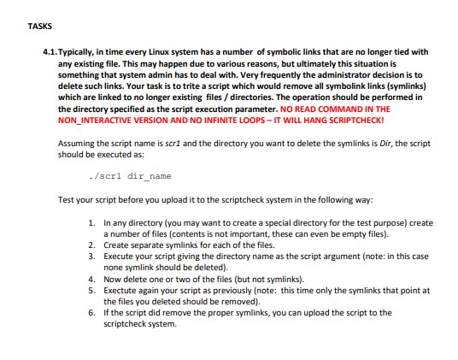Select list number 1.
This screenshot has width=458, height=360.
click(x=91, y=222)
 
